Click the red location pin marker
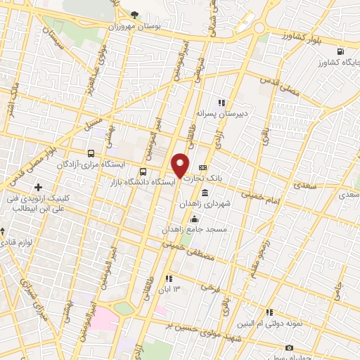pyautogui.click(x=181, y=165)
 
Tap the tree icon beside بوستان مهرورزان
pyautogui.click(x=135, y=15)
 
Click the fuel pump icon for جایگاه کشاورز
pyautogui.click(x=342, y=52)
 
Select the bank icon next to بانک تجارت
pyautogui.click(x=203, y=167)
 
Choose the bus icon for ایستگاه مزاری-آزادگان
pyautogui.click(x=91, y=153)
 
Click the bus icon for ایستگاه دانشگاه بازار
pyautogui.click(x=144, y=171)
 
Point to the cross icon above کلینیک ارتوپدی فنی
pyautogui.click(x=37, y=187)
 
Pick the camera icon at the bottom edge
pyautogui.click(x=289, y=347)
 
